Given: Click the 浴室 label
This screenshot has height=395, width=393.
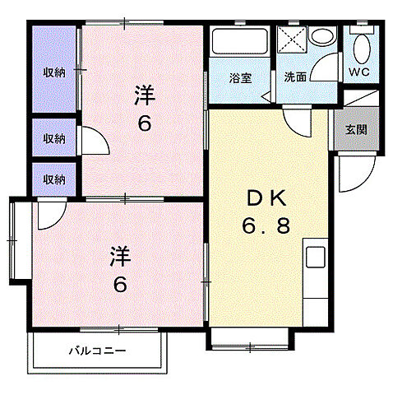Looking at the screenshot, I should tap(240, 79).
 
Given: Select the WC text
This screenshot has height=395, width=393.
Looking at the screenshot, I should tap(359, 72).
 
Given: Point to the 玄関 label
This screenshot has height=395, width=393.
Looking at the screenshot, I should tap(356, 129).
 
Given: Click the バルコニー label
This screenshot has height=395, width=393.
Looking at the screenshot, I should tap(97, 351).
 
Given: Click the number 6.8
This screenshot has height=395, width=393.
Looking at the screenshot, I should tap(265, 225).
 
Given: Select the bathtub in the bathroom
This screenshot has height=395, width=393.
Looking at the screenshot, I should tap(240, 43).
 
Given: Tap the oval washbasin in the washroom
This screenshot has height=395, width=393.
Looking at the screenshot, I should tap(323, 38).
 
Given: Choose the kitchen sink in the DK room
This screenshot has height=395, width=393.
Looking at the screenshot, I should tap(317, 256).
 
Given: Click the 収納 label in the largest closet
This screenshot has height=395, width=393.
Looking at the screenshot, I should tap(54, 72).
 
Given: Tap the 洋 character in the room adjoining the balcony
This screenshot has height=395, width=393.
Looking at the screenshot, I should tap(120, 258).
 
